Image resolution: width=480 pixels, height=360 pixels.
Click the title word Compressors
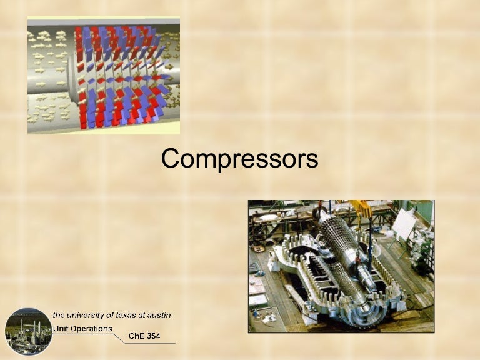coord(239,159)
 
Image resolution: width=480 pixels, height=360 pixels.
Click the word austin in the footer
coord(158,315)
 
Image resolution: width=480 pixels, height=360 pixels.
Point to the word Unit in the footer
coord(61,329)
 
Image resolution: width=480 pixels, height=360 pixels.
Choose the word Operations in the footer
coord(91,329)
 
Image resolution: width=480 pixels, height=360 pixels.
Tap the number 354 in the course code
coord(153,336)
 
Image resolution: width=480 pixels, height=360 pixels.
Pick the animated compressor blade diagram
coord(104,75)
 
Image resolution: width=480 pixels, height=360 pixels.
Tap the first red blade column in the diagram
coord(79,75)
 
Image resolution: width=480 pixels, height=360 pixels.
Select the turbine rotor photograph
coord(341,266)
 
